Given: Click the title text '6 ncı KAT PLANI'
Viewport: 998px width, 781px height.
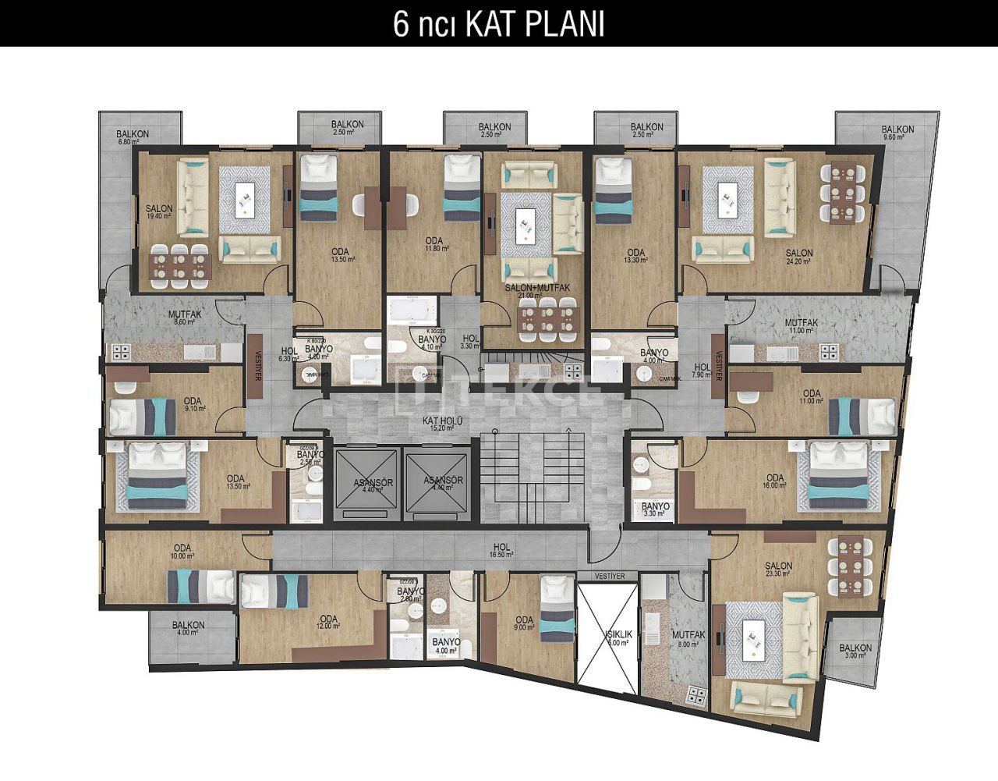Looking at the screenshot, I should (498, 24).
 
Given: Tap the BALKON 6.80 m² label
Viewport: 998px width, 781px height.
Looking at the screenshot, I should (133, 137).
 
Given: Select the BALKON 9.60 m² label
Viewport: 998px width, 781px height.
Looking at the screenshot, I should (897, 133).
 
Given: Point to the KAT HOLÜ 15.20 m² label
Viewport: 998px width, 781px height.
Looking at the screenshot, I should (443, 424).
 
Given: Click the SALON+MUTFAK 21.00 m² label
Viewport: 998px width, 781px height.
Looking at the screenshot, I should (537, 292).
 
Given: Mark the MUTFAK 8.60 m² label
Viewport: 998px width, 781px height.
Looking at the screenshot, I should (185, 318).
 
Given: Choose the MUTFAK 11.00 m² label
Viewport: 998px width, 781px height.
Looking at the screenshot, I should (801, 326).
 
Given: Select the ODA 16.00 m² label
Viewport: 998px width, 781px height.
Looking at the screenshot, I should (774, 482).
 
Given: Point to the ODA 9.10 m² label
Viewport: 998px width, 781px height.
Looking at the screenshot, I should (193, 405).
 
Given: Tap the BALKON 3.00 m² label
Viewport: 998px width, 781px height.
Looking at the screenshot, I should (855, 651).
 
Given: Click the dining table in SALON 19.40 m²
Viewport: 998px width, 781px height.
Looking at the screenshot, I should (181, 264).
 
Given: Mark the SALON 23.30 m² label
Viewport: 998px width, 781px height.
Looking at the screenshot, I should (778, 570).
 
